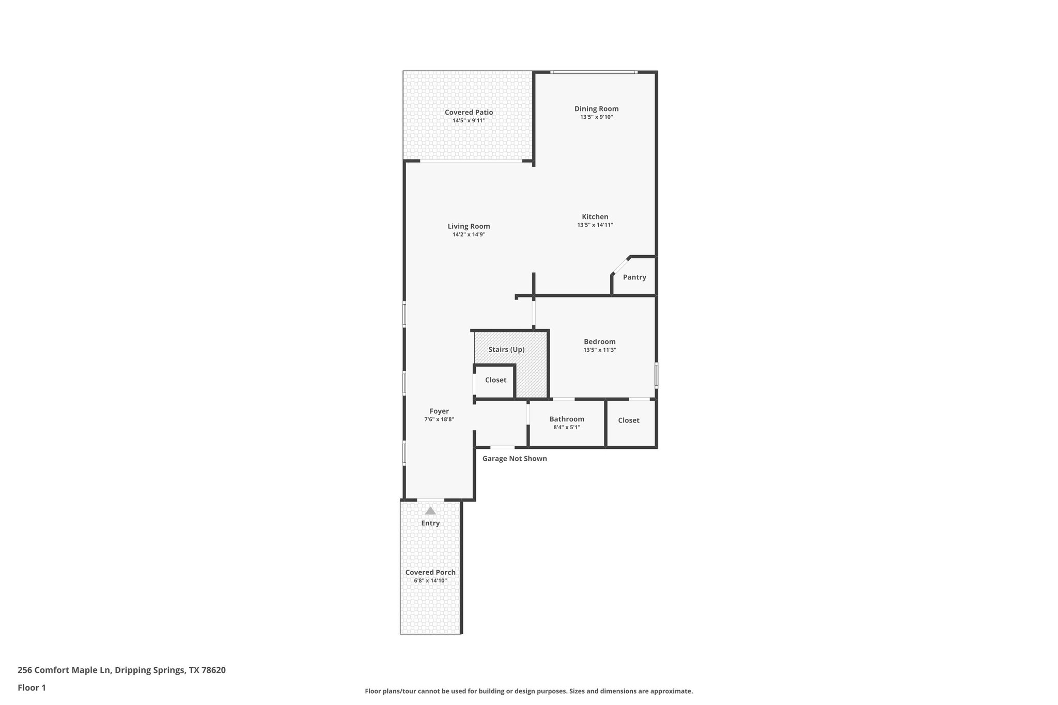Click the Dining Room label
pos(596,108)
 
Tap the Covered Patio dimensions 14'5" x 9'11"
pos(469,120)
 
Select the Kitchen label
pos(595,216)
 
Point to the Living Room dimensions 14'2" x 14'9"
pos(469,234)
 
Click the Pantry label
pos(634,277)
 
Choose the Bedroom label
pos(599,341)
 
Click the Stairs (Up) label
pos(506,349)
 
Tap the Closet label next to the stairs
pos(495,380)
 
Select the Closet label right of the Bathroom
pos(628,420)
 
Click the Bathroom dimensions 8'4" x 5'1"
pos(567,427)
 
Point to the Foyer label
pos(439,411)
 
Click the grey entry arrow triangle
pos(430,511)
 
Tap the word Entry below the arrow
pos(430,523)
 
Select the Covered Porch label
pos(430,572)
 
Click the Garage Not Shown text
pos(514,458)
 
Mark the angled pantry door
pos(620,264)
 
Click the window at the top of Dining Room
pos(594,72)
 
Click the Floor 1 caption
pos(32,687)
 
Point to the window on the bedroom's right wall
pos(656,375)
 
